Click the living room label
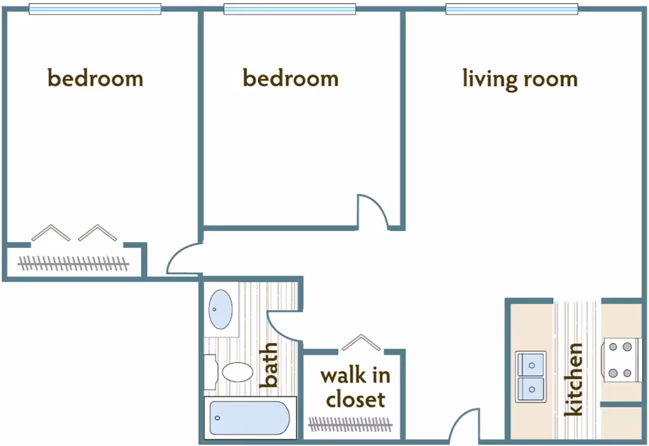520,79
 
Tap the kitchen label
574,380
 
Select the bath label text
270,365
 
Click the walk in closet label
354,387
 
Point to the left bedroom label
95,79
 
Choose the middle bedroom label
291,79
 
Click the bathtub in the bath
249,418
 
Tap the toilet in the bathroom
236,372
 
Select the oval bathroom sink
220,309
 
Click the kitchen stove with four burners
620,360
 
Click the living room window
512,9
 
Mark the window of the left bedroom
95,9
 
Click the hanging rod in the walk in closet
351,423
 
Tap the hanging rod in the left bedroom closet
73,262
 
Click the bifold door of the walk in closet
361,342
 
